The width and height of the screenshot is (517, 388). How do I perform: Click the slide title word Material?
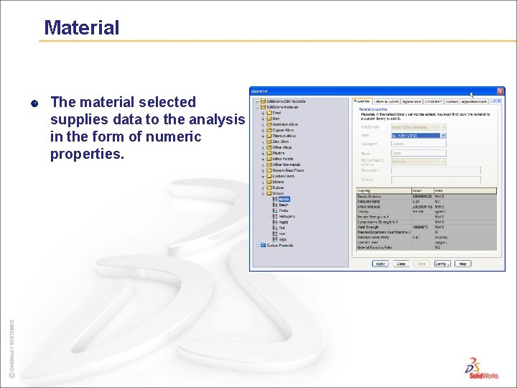81,28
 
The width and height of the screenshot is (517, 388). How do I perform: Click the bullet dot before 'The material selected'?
34,103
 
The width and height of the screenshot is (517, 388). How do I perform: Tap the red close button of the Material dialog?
500,91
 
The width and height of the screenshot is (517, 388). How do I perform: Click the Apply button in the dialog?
380,264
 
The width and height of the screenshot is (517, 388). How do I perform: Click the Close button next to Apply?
401,264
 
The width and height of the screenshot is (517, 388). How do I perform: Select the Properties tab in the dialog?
363,101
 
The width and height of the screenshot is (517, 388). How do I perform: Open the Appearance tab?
411,101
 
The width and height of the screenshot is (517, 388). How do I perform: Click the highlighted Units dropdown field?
419,135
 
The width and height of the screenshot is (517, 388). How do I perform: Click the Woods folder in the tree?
277,193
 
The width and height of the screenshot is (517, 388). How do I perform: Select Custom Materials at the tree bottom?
280,245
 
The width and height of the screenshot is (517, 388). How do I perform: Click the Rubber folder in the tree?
278,188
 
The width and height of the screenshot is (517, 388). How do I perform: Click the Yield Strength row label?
369,226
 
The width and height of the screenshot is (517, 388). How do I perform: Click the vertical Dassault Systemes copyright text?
11,348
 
